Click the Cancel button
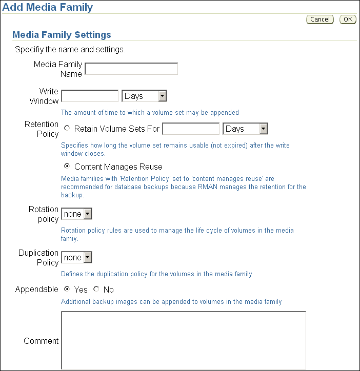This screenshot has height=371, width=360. [320, 19]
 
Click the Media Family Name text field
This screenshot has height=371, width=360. [131, 69]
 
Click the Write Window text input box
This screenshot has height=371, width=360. [90, 96]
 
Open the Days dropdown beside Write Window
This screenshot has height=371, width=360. [145, 96]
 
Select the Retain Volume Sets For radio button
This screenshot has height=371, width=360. [67, 129]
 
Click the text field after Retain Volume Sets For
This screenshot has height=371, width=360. [191, 129]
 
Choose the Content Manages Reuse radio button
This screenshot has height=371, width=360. [67, 167]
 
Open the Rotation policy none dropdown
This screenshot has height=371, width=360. [76, 214]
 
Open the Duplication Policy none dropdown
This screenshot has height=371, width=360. [76, 257]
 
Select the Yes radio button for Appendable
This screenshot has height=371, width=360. [67, 289]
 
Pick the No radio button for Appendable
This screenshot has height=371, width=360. [96, 289]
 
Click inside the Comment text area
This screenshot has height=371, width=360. [184, 340]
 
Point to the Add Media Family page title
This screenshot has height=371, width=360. [48, 7]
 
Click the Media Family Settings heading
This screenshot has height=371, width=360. [62, 35]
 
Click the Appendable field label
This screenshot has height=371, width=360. [37, 290]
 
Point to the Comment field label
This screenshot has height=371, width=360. [41, 341]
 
